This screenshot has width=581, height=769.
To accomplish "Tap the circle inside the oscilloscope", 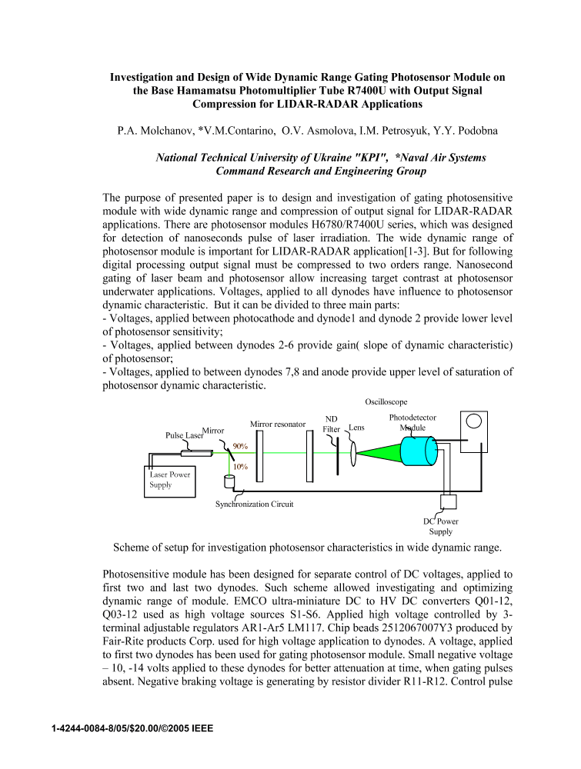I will tap(475, 421).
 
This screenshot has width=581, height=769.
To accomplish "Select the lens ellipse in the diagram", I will tap(354, 451).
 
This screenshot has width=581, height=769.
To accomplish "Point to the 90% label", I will tap(240, 446).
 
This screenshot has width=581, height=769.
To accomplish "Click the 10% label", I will tap(240, 467).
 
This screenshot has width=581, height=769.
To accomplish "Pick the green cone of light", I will tap(379, 451).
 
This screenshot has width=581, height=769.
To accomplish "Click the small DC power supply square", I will tap(447, 501).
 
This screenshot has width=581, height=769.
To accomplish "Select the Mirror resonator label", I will tap(279, 424).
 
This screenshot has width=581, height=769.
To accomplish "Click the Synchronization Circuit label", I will tap(255, 504).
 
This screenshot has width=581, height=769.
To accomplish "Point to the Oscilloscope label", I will tap(386, 401).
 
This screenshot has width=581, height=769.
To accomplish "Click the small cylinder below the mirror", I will tap(229, 481).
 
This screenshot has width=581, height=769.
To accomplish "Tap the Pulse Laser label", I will tap(184, 435).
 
